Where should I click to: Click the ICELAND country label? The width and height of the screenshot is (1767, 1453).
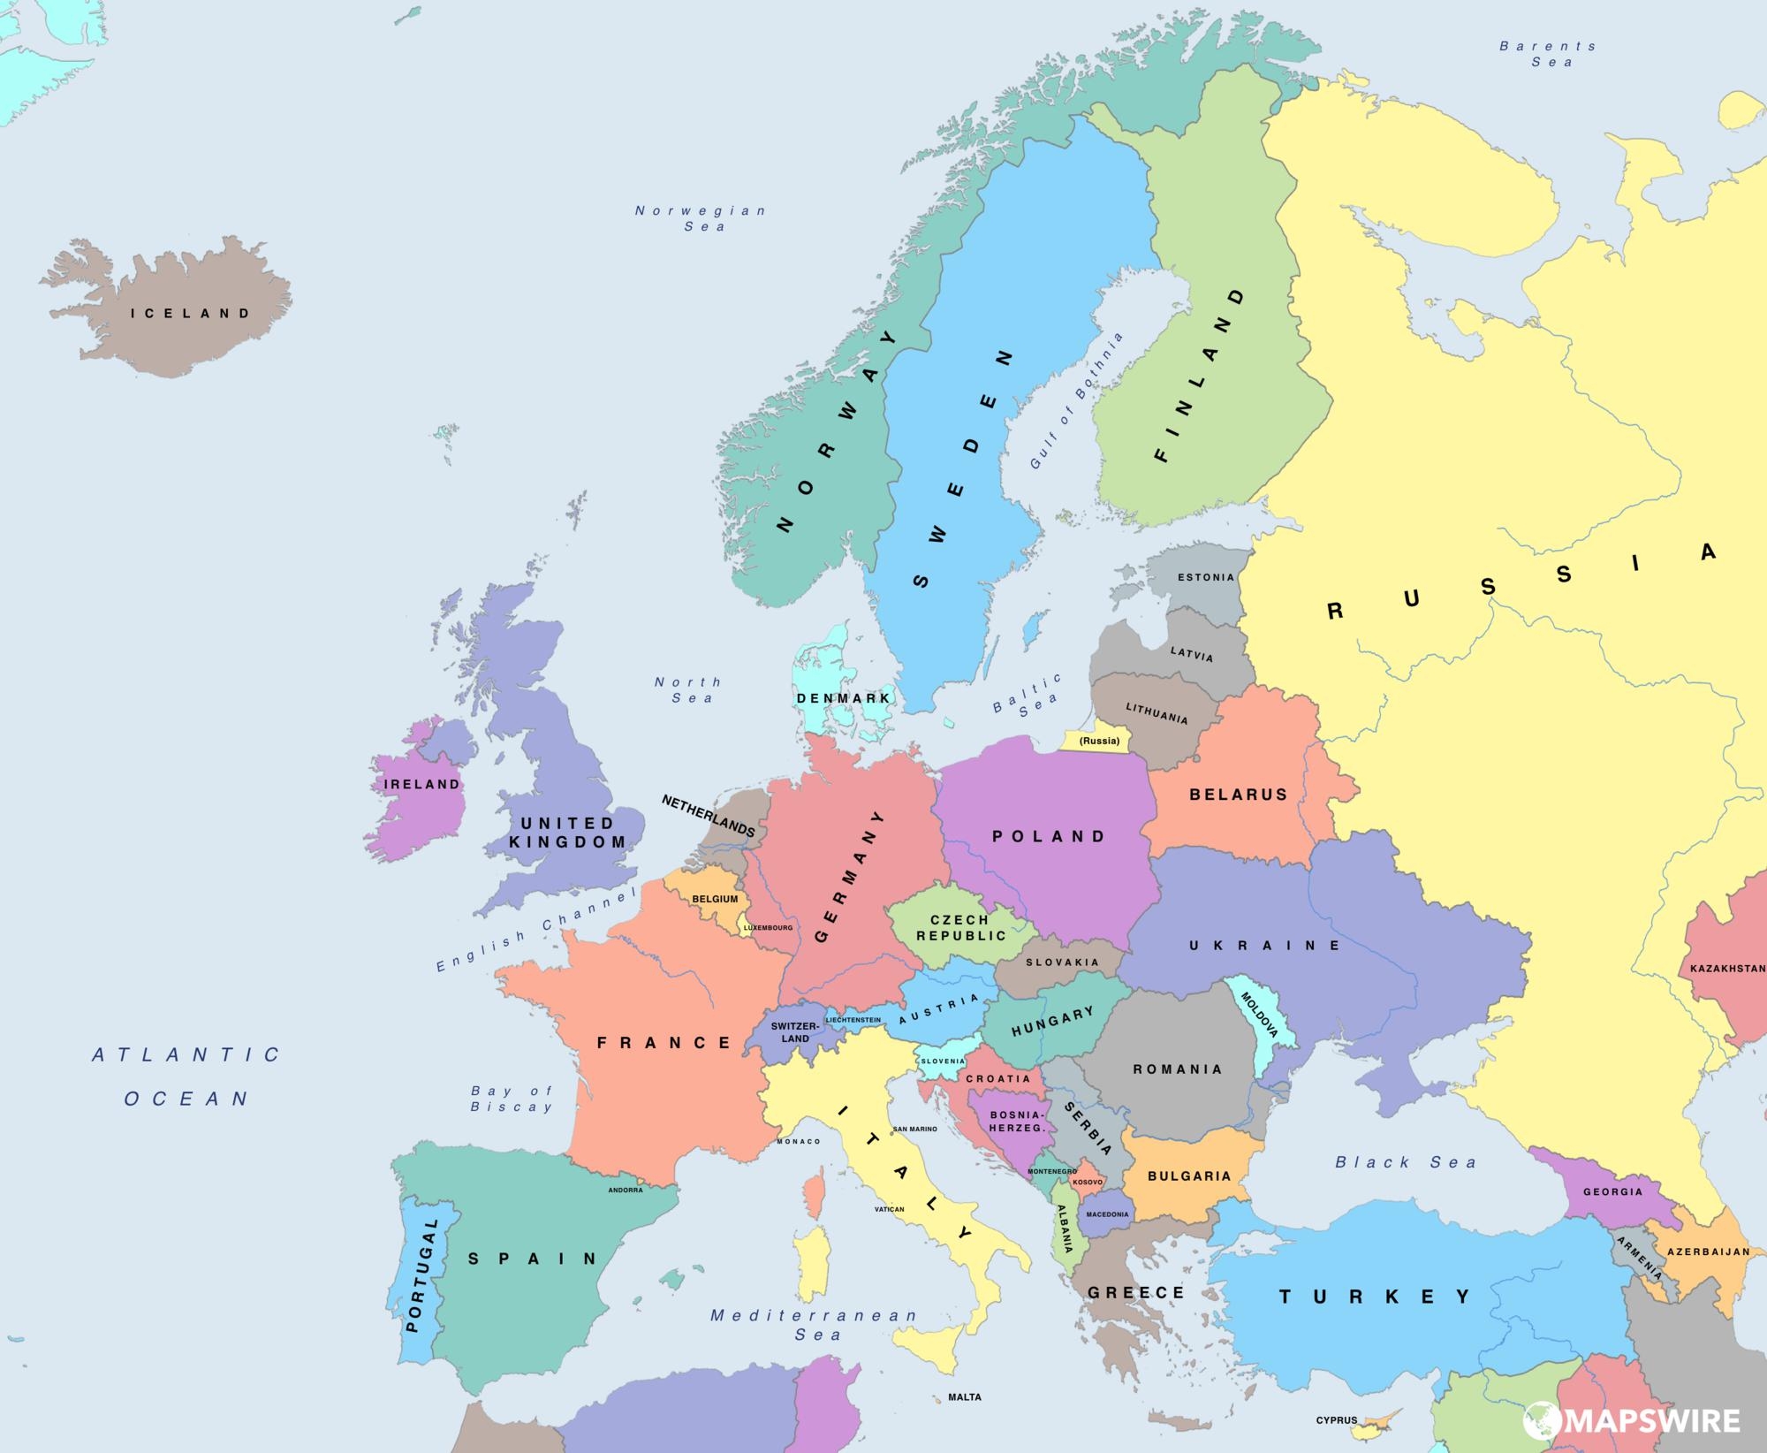click(191, 313)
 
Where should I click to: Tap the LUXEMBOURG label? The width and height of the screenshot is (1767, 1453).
click(768, 928)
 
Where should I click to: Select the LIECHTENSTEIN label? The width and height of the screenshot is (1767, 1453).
click(853, 1020)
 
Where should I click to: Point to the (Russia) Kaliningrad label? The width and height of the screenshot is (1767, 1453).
click(1100, 741)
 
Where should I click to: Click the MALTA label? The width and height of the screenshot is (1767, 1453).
click(965, 1397)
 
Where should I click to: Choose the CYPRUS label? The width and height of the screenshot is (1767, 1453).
click(1337, 1420)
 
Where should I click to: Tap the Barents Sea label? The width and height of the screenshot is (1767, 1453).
click(1549, 54)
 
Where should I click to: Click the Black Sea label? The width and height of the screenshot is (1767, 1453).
click(1405, 1162)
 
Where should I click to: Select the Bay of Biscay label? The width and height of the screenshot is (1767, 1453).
click(512, 1099)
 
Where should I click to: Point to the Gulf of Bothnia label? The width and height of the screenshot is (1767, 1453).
click(1077, 400)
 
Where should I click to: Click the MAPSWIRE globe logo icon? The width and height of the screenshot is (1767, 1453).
click(1541, 1420)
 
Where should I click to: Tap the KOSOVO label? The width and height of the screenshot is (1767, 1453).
click(1088, 1182)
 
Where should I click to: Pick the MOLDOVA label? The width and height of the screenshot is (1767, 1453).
click(1260, 1015)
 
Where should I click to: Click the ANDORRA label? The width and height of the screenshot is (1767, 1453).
click(626, 1190)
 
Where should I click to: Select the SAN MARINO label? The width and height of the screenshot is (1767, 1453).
click(915, 1129)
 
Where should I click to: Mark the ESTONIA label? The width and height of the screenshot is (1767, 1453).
click(1206, 577)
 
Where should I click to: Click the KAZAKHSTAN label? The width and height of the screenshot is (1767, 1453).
click(1727, 969)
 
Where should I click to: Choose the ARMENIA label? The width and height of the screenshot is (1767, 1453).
click(1640, 1258)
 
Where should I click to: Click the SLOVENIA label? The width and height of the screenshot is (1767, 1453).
click(943, 1061)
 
